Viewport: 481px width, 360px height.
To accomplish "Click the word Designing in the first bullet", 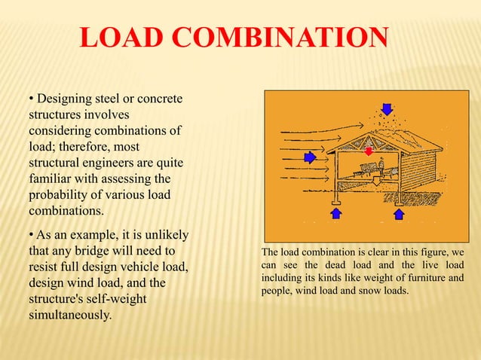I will pos(65,100).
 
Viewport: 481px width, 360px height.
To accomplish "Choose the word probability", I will pos(60,195).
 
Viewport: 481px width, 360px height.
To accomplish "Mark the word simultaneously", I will pos(71,315).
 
